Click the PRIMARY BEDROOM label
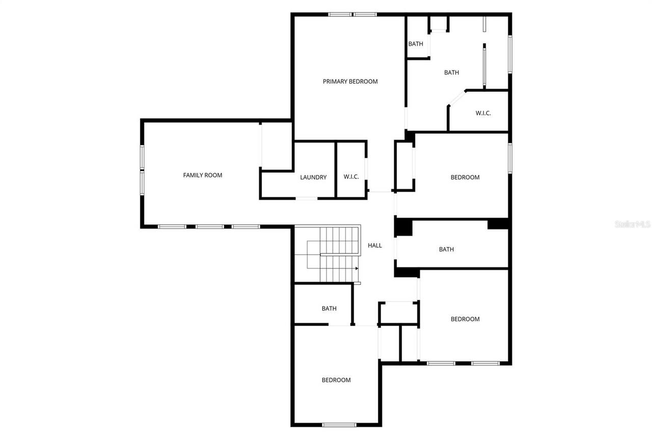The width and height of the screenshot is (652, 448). [x=350, y=82]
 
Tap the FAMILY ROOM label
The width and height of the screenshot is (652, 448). [x=202, y=175]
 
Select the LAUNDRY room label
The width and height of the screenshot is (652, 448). [x=313, y=177]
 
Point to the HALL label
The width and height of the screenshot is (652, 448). [x=375, y=246]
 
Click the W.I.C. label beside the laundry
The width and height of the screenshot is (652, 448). [x=351, y=177]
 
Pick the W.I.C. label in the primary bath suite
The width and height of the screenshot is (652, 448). [x=483, y=113]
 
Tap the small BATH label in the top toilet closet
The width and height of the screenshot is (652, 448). [x=416, y=44]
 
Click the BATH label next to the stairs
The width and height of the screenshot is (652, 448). [x=329, y=308]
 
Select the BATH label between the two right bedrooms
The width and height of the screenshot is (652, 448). [x=446, y=249]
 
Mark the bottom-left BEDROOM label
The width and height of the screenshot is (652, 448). [x=336, y=380]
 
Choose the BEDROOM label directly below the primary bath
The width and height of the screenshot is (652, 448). [x=465, y=177]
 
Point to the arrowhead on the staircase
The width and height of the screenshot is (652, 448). [x=357, y=268]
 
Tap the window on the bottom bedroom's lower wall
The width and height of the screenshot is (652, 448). [x=339, y=425]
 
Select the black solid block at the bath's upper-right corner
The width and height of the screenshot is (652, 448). [x=498, y=224]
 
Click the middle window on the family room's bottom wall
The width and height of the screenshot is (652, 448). [x=210, y=226]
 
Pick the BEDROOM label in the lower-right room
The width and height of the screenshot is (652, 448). [x=465, y=319]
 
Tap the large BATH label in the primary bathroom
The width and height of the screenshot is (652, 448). [x=451, y=72]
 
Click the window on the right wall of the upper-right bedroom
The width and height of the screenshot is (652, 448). [x=509, y=158]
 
